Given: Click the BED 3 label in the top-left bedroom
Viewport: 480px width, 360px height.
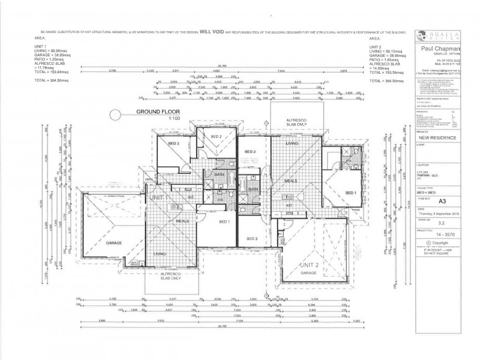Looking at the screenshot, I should [173, 144].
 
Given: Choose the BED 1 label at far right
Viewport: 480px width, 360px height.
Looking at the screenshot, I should [352, 193].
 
